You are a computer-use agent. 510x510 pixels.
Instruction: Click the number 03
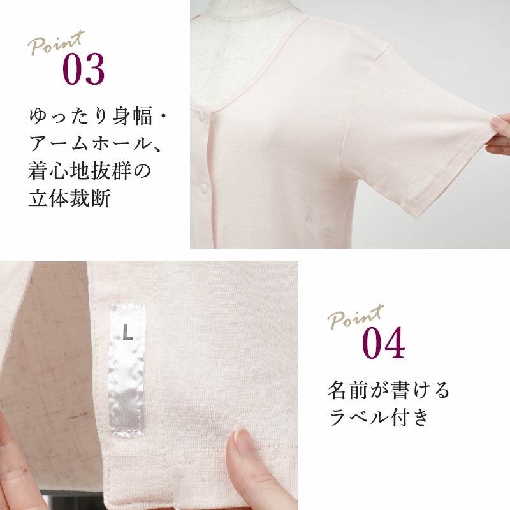pos(84,69)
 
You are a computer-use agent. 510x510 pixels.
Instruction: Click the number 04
pos(384,343)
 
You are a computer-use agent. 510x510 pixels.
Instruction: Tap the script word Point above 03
pos(56,42)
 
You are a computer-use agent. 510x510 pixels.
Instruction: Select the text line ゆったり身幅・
pos(98,116)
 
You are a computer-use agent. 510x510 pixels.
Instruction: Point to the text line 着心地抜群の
pos(90,171)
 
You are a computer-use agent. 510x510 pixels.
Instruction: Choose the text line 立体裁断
pos(69,198)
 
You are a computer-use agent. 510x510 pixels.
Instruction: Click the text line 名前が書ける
pos(388,390)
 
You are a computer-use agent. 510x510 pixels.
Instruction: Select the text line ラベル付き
pos(379,418)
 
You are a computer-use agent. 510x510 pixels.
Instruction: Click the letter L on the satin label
pos(128,332)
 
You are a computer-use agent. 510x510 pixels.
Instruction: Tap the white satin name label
pos(126,370)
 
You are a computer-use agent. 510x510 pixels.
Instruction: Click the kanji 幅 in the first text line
pos(142,116)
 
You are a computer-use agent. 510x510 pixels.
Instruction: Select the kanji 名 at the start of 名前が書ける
pos(337,390)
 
